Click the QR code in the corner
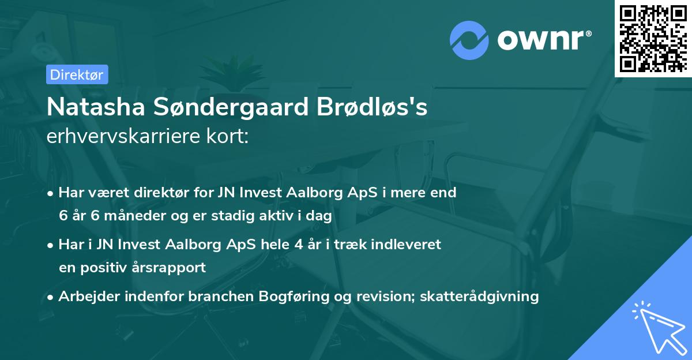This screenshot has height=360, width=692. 653,38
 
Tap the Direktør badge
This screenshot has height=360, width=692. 77,74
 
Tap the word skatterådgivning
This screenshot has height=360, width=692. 480,297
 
